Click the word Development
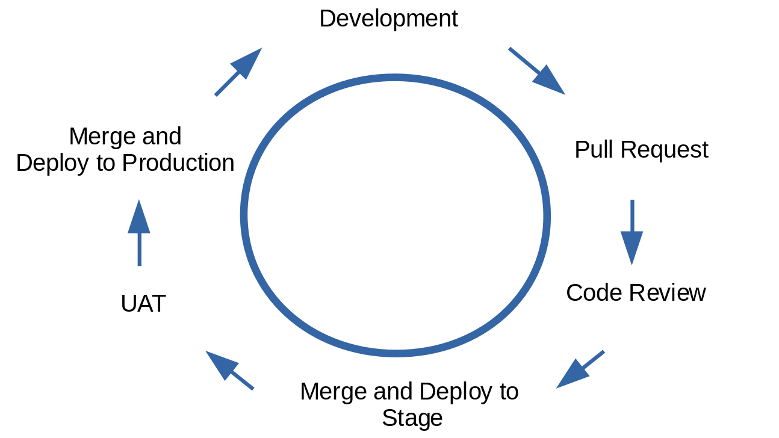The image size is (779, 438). point(388,19)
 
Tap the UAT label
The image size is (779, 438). point(143,303)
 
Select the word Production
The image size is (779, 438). point(178,162)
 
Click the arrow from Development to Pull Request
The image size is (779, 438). point(537,71)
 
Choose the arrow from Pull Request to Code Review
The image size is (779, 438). point(632,232)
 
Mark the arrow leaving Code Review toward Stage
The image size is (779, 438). point(580,369)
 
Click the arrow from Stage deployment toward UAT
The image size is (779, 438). point(229,370)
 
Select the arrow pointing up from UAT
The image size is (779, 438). point(139,233)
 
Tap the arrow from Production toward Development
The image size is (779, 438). point(238,72)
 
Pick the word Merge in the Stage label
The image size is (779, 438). point(333,392)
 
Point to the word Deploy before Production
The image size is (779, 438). point(52,164)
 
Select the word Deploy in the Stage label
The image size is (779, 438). point(456,392)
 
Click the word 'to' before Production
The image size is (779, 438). point(106,164)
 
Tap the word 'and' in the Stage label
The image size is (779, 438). point(393,392)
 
